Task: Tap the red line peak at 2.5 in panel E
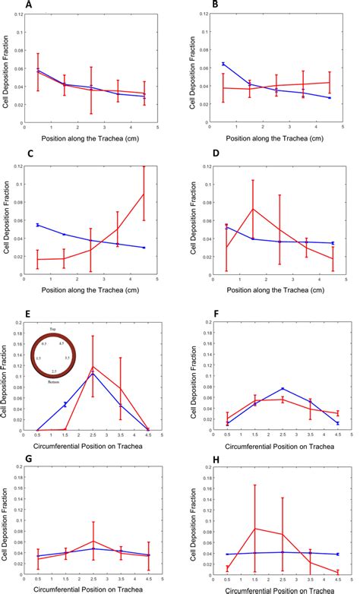pos(92,367)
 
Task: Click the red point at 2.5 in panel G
pos(92,541)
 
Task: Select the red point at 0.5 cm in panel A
pos(39,72)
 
